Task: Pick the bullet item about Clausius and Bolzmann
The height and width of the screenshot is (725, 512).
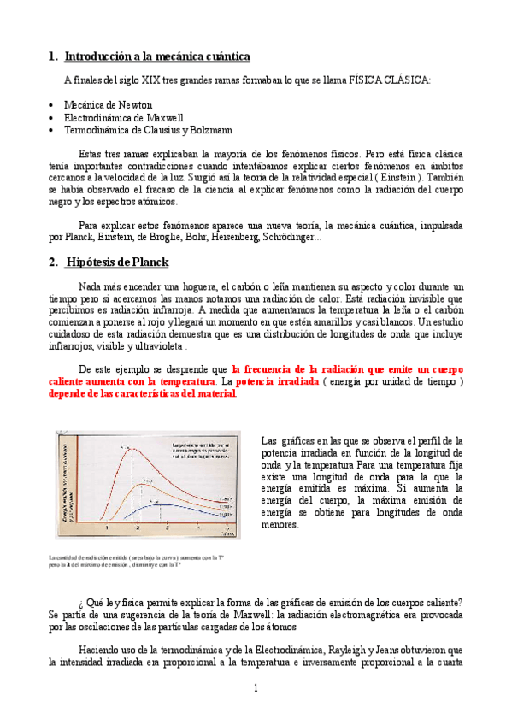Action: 136,130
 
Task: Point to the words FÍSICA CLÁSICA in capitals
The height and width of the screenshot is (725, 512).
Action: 390,80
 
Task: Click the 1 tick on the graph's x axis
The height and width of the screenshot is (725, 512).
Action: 108,529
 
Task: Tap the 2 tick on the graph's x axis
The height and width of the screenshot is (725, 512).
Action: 168,529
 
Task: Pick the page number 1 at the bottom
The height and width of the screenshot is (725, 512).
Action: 256,688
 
